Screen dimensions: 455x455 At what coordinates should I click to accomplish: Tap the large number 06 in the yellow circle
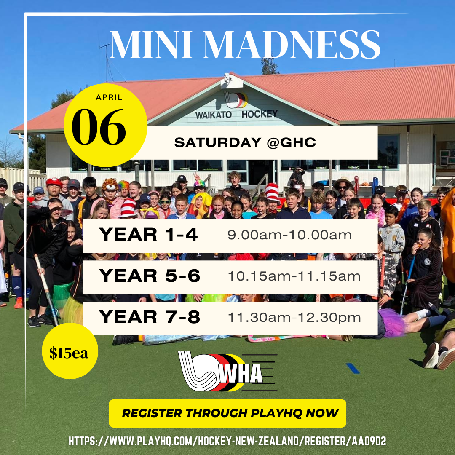99,127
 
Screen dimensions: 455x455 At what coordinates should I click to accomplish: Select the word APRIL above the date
109,97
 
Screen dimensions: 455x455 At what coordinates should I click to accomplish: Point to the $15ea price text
69,353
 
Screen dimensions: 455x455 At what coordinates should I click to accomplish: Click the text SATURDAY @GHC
245,142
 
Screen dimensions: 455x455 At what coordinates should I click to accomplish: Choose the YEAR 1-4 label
148,235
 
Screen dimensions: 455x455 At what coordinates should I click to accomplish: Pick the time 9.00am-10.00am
289,235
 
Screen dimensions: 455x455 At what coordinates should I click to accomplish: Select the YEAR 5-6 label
150,276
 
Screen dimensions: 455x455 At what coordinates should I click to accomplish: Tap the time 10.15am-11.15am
294,276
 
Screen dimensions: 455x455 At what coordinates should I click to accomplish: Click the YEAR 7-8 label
150,317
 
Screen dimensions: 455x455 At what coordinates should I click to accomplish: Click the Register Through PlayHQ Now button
227,413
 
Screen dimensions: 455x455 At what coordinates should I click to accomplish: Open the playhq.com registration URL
227,442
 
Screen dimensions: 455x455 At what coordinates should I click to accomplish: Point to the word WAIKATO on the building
214,115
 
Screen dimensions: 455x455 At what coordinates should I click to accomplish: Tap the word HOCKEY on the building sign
260,114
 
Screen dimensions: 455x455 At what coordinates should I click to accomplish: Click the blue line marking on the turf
353,368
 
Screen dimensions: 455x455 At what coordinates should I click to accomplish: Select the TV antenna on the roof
107,62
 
